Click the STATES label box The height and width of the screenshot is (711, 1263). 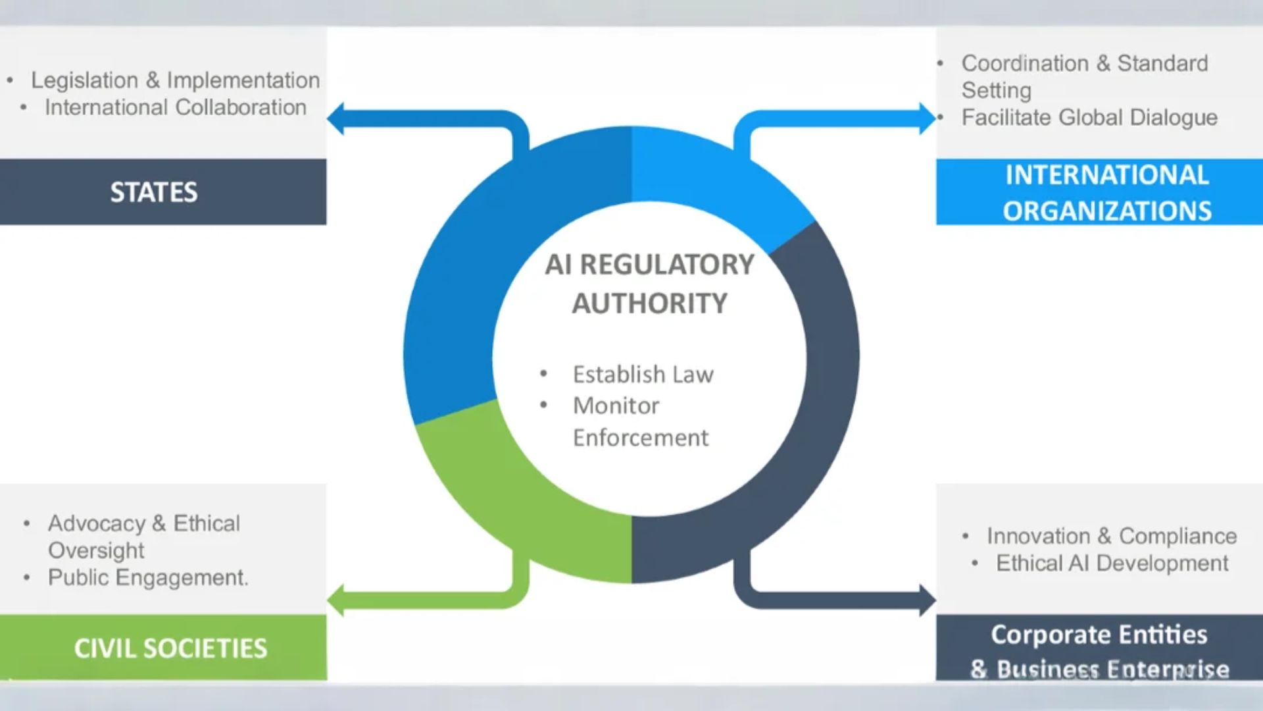pos(154,192)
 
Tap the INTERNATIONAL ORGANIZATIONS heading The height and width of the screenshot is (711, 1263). pos(1107,192)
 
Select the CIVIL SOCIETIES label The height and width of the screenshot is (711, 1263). pos(170,648)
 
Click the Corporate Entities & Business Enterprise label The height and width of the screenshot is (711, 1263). pos(1099,650)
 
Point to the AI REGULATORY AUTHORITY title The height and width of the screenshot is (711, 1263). pos(650,284)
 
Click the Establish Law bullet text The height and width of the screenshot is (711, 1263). pos(643,374)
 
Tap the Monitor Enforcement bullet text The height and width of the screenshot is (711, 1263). pos(640,421)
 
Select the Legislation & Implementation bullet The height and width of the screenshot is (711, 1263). pos(175,80)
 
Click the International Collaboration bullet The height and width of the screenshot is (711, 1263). pos(175,107)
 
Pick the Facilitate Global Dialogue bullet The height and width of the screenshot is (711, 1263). pos(1089,117)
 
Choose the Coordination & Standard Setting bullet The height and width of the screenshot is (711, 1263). pos(1084,76)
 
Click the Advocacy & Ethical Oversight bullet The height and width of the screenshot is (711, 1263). pos(143,537)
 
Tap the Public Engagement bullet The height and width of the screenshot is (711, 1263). pos(148,577)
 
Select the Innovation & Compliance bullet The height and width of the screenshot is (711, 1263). pos(1112,536)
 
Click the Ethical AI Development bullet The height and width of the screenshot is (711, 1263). pos(1112,564)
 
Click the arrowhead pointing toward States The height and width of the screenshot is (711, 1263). pos(336,119)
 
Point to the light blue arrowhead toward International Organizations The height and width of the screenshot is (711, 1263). pos(927,119)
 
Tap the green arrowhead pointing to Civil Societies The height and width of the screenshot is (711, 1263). pos(336,600)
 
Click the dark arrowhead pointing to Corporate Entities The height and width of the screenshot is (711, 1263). pos(927,600)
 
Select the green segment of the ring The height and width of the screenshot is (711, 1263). pos(520,500)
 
